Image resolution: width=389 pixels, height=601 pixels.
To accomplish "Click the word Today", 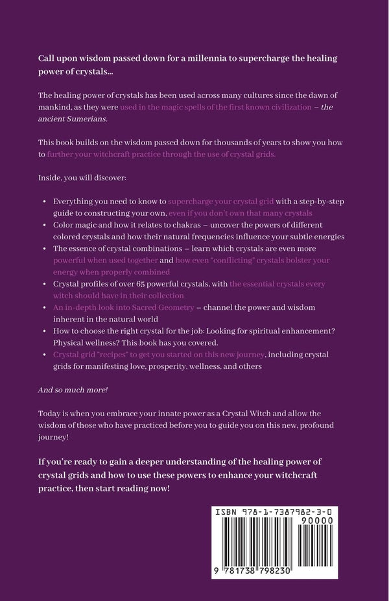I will point(51,413).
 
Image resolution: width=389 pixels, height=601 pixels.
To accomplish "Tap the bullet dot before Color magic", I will point(43,225).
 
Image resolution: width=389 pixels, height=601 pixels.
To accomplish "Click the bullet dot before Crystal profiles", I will point(43,284).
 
